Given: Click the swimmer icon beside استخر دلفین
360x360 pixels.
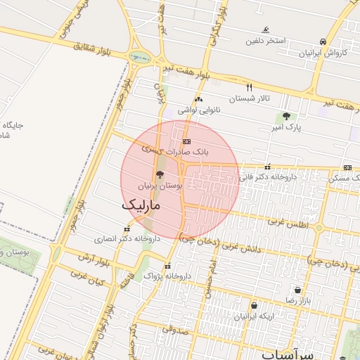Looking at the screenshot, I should (x=265, y=30).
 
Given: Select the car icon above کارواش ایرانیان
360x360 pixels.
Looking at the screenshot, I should (x=323, y=42).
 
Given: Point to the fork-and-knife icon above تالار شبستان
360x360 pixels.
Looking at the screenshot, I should (x=248, y=87).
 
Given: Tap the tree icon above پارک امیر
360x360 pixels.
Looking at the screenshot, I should (x=285, y=116).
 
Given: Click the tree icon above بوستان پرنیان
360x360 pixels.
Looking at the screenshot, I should (x=160, y=175).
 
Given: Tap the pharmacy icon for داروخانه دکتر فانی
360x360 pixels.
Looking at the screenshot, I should (x=267, y=167).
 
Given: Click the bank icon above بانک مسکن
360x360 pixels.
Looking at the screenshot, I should (x=348, y=167).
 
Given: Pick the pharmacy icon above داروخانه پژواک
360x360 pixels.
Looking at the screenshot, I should (x=167, y=266).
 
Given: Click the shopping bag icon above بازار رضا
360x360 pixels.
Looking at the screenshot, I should (x=297, y=290).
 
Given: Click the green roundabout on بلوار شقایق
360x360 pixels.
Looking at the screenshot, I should (x=139, y=58).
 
